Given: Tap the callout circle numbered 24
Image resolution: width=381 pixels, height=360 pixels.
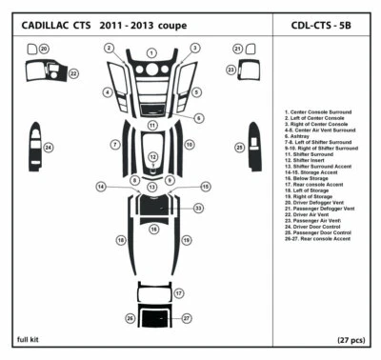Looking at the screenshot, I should (x=49, y=148).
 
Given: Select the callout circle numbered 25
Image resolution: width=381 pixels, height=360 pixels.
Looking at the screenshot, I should (x=240, y=148).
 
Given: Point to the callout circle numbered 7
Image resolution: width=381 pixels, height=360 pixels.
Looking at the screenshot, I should (x=114, y=145).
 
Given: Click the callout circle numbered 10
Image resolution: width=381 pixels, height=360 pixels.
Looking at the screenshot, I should (x=190, y=145).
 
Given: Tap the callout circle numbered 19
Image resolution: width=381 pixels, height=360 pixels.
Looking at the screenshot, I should (x=187, y=241).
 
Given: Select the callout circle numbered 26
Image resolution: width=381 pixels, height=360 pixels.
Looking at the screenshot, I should (x=130, y=317).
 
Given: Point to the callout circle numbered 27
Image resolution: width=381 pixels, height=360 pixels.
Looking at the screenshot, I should (x=188, y=317).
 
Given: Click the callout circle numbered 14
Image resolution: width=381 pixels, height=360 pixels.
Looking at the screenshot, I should (x=100, y=187).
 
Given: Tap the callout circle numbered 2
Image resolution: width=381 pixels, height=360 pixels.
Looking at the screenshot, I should (x=110, y=48).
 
